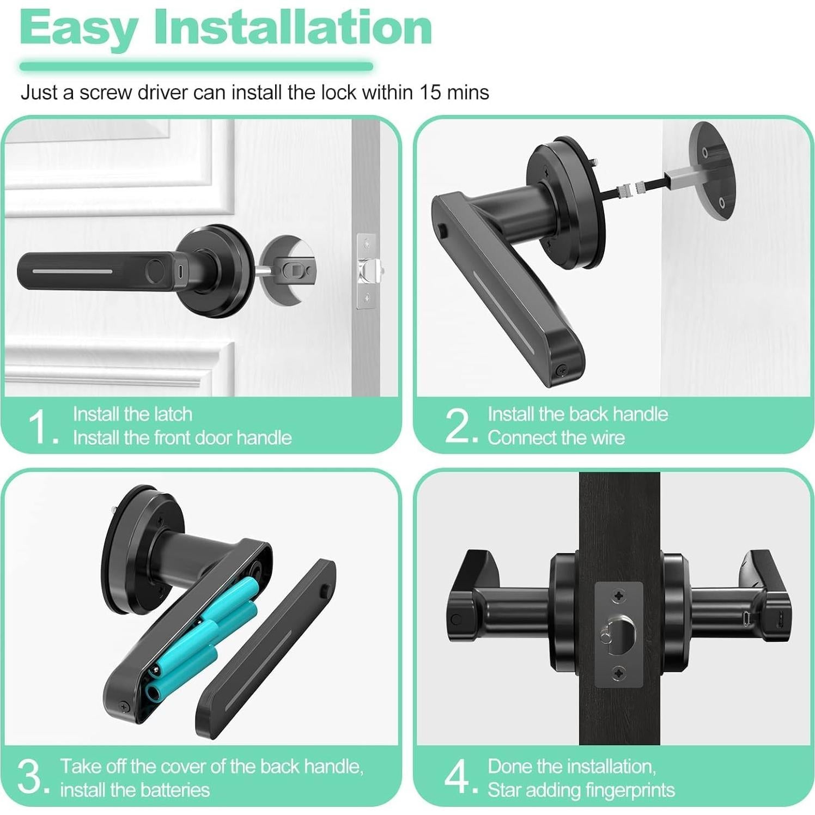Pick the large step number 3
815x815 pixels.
(31, 777)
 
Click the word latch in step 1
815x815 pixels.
(173, 415)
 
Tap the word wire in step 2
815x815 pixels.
(606, 438)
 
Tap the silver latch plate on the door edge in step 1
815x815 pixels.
(366, 271)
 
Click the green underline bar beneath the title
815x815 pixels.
(196, 67)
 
